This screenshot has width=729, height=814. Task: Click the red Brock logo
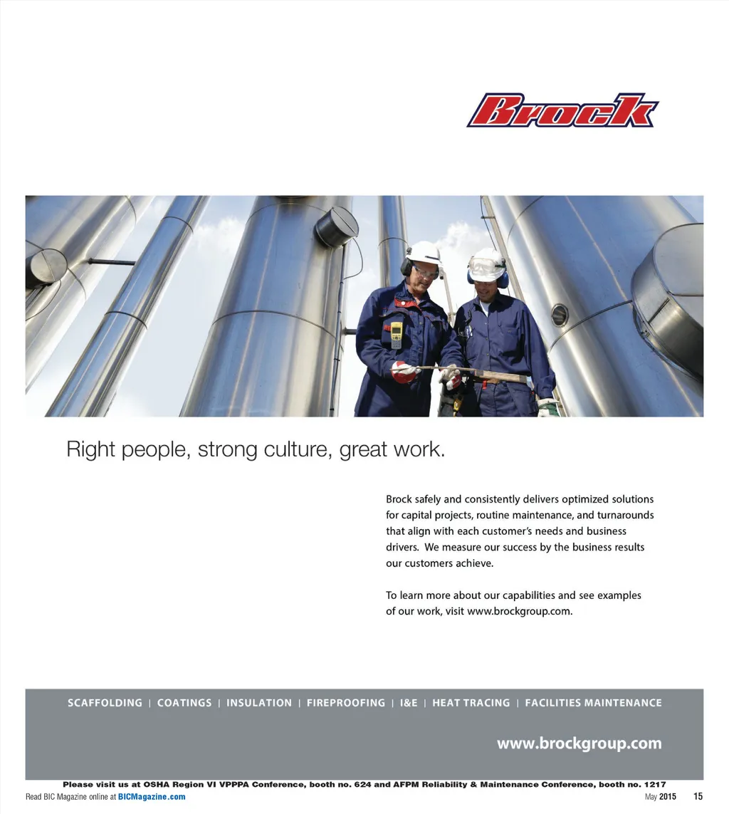(562, 111)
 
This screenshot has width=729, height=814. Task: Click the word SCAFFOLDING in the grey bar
(105, 703)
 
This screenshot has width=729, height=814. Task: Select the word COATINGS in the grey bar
(184, 703)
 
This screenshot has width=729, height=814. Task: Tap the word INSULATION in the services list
(259, 703)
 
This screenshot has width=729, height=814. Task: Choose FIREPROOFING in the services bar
(346, 703)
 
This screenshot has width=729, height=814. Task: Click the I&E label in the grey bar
(409, 703)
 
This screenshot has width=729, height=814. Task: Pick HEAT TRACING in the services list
(471, 703)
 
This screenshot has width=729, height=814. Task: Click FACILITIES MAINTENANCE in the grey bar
(593, 703)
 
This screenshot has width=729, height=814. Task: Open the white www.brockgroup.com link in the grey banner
(579, 744)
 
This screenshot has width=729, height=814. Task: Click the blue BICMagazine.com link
(152, 797)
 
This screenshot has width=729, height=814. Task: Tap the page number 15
(698, 797)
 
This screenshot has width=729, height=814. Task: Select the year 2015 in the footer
(668, 797)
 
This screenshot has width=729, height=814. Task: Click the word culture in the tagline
(295, 450)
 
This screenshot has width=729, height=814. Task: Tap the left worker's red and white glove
(404, 372)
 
